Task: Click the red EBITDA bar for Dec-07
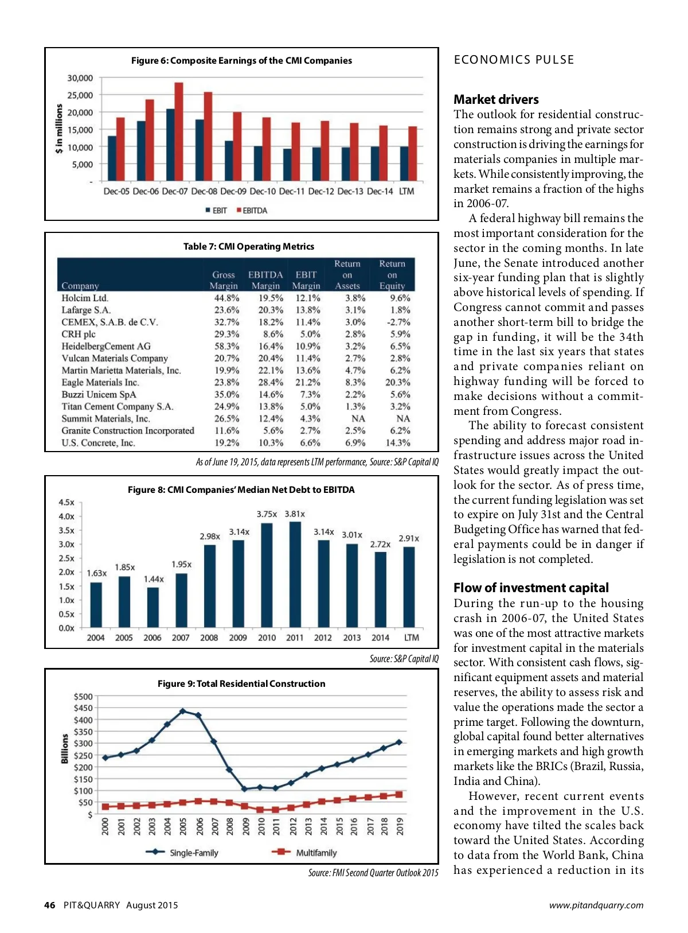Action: (179, 132)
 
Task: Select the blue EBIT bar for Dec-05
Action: (112, 158)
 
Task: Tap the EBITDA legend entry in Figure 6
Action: (252, 211)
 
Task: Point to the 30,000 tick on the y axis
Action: (80, 78)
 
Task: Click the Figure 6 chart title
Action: (241, 61)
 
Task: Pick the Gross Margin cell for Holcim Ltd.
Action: (226, 298)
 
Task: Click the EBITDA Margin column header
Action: (265, 280)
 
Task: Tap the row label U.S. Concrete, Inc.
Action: (99, 442)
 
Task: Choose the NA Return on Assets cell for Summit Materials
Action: (358, 418)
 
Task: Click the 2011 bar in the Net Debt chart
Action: (295, 574)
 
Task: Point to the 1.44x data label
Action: (154, 579)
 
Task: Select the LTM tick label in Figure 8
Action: (411, 637)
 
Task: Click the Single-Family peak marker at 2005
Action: (183, 712)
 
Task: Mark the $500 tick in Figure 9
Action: (83, 697)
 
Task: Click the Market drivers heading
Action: (496, 99)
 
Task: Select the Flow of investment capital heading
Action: (531, 588)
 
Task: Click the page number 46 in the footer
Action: (50, 905)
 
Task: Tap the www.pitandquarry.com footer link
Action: (596, 905)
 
